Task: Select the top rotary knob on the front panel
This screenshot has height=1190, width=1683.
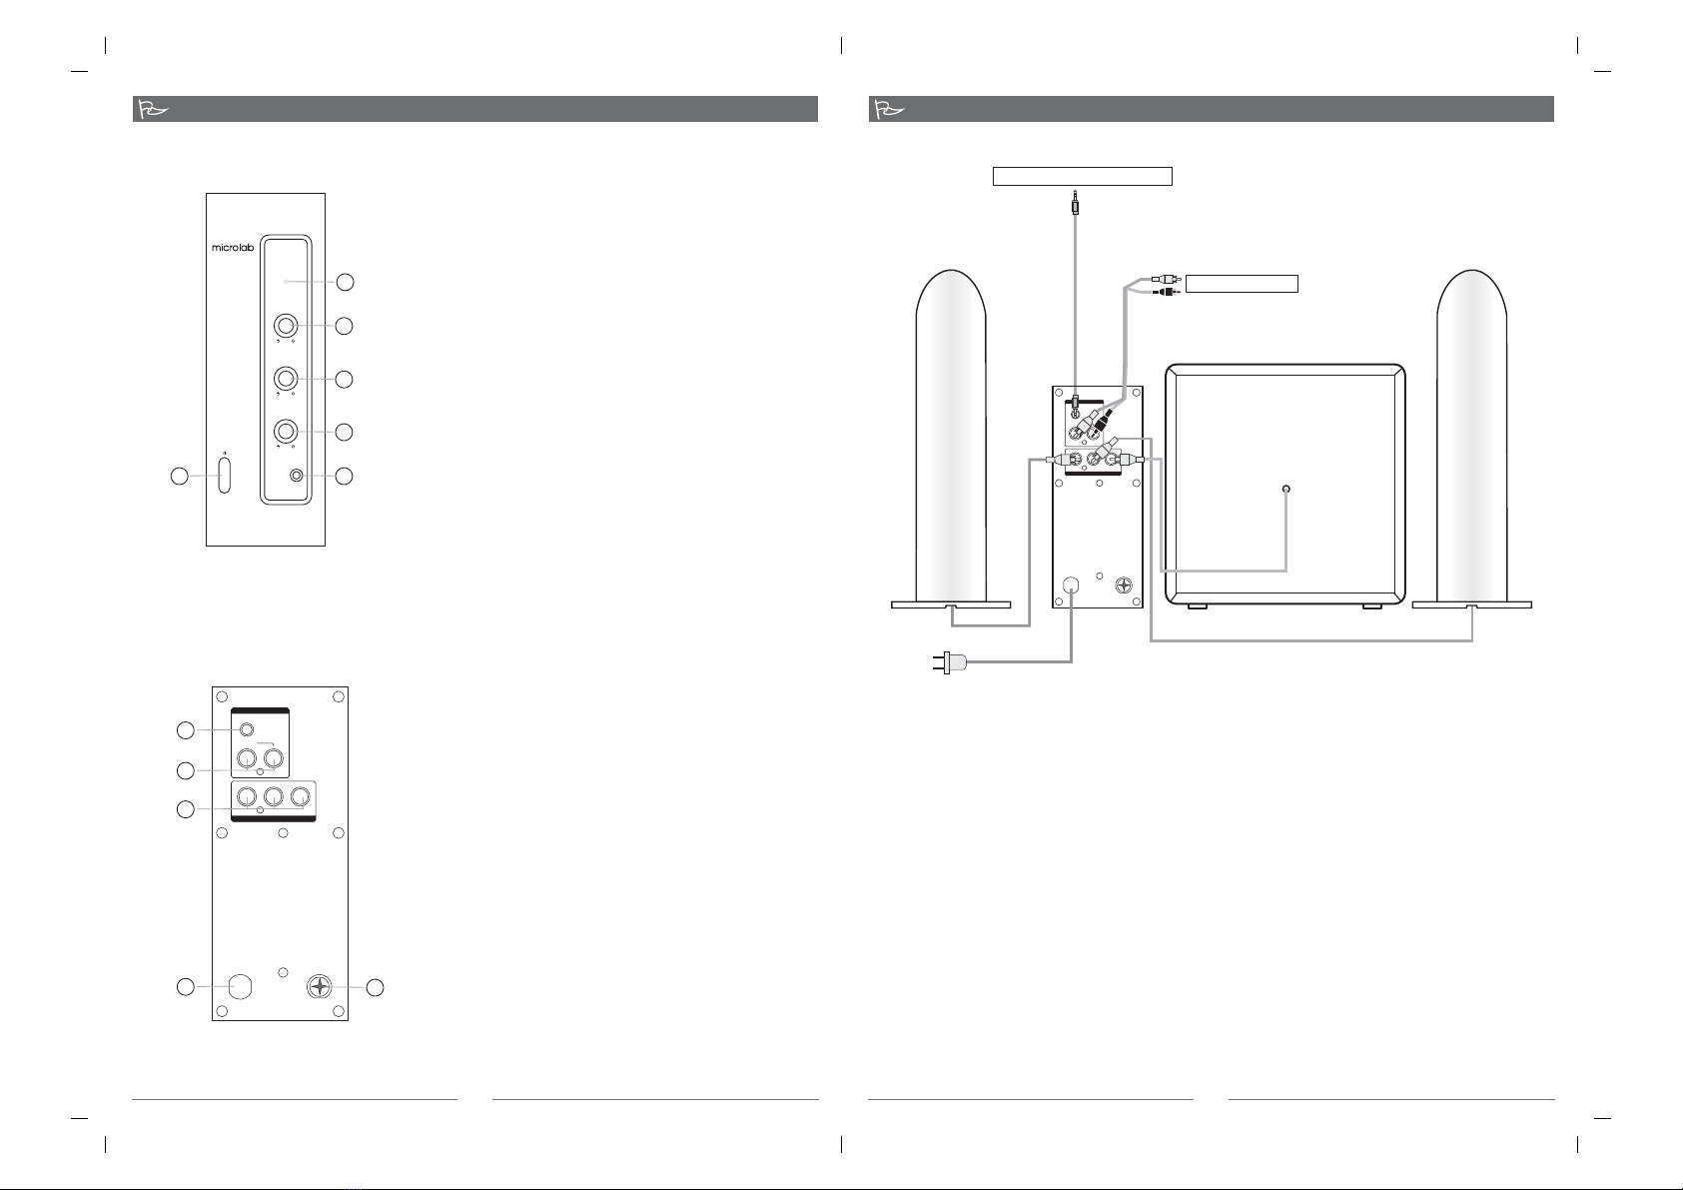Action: pyautogui.click(x=287, y=326)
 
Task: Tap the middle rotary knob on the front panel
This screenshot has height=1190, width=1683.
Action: pyautogui.click(x=287, y=379)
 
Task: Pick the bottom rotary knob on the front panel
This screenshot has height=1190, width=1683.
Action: pyautogui.click(x=287, y=432)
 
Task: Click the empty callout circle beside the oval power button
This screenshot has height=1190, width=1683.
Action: pyautogui.click(x=177, y=477)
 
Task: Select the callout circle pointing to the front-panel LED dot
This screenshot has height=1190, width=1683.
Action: pyautogui.click(x=344, y=283)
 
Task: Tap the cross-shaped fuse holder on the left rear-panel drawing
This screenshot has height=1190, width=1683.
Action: pyautogui.click(x=319, y=987)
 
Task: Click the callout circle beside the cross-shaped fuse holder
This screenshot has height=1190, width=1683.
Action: pyautogui.click(x=375, y=988)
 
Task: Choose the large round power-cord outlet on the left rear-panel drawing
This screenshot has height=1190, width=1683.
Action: pyautogui.click(x=240, y=987)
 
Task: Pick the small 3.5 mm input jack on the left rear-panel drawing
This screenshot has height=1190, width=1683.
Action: pyautogui.click(x=246, y=730)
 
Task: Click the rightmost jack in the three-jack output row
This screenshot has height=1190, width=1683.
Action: pyautogui.click(x=302, y=799)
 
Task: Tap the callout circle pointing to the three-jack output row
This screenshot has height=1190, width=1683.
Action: pyautogui.click(x=184, y=809)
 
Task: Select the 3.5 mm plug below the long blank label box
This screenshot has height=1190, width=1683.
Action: pyautogui.click(x=1075, y=205)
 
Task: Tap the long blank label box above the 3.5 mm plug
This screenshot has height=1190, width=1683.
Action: pyautogui.click(x=1081, y=177)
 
